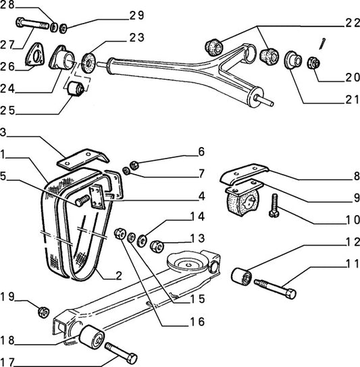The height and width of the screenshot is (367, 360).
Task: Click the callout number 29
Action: [137, 16]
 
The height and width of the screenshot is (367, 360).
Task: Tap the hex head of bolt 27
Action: [20, 22]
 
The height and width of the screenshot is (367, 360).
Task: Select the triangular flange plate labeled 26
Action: [34, 54]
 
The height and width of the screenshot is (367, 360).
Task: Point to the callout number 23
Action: [137, 38]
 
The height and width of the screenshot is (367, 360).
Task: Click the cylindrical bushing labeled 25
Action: [75, 88]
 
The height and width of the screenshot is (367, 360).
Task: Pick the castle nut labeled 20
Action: [314, 63]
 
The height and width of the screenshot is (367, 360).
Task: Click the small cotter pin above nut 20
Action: [322, 44]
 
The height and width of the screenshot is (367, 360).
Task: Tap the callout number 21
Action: [353, 99]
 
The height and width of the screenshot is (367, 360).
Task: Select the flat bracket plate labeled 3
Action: [83, 159]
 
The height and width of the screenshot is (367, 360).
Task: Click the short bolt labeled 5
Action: [82, 200]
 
